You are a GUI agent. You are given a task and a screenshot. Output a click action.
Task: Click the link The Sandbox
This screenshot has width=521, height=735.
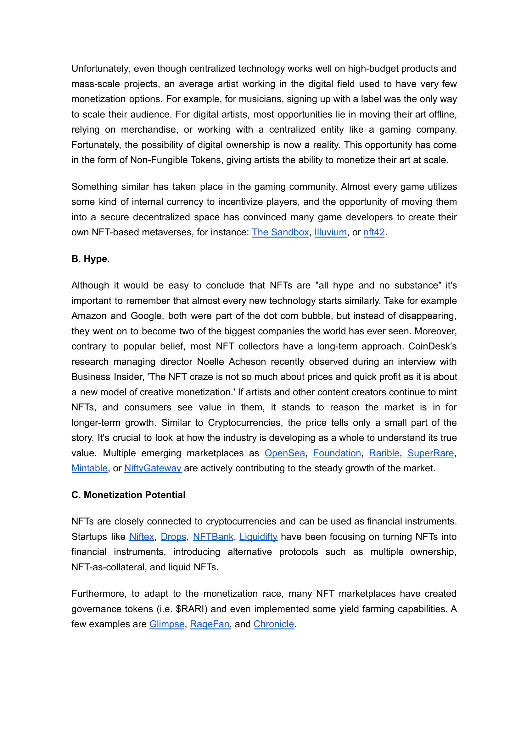(x=280, y=232)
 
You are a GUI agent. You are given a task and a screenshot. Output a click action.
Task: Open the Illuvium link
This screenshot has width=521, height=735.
(x=330, y=232)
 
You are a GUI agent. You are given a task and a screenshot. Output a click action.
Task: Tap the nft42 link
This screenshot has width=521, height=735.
(x=374, y=232)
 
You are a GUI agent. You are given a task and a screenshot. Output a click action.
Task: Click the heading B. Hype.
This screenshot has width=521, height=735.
(x=91, y=259)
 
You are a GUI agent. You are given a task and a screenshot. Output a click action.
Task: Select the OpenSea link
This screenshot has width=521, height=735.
(x=284, y=453)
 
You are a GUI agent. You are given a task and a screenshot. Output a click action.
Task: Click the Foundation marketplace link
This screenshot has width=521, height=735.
(x=337, y=453)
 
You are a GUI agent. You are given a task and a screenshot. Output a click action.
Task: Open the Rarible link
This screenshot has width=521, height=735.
(x=384, y=453)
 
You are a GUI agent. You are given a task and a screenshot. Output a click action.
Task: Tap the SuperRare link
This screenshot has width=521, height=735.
(x=430, y=453)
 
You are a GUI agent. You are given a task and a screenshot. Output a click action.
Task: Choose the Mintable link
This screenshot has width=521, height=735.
(x=89, y=468)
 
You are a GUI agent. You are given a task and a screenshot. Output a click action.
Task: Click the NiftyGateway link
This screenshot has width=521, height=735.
(x=153, y=468)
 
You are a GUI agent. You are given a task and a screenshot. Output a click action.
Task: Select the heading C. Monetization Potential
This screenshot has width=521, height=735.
(x=128, y=495)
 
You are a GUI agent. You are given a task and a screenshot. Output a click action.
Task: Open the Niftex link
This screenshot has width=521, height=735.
(x=142, y=537)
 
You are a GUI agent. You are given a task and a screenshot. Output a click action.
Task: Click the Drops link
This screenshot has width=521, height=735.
(x=174, y=537)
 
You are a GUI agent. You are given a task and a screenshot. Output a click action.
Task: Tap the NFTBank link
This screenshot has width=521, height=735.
(x=213, y=537)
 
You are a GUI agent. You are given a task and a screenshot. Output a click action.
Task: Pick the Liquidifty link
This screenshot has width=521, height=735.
(x=258, y=537)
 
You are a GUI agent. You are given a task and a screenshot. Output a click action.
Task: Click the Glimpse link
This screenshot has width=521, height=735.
(x=167, y=624)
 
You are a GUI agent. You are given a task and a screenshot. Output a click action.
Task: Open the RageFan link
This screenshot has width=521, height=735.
(x=210, y=624)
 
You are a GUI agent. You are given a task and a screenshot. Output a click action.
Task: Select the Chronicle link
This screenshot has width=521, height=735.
(x=274, y=624)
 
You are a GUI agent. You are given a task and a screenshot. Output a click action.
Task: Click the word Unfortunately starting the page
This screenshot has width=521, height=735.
(x=100, y=69)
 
